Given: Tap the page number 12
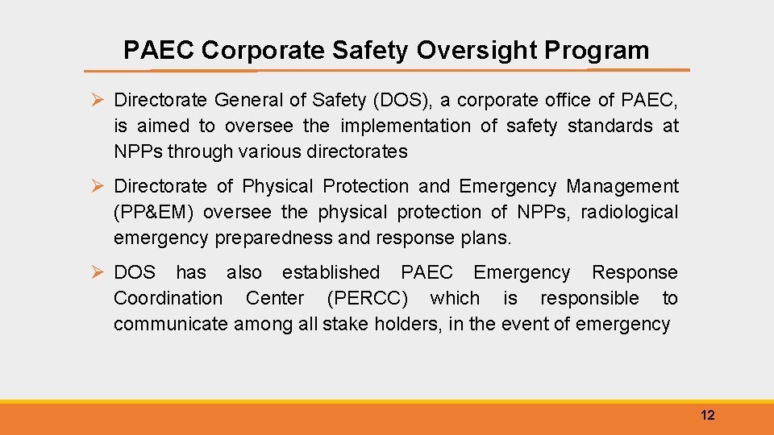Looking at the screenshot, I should click(x=708, y=416).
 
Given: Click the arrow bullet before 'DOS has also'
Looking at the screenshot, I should click(x=97, y=273).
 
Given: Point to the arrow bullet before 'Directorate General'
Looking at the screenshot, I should click(x=97, y=100).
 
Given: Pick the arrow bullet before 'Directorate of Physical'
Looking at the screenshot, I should click(x=97, y=187).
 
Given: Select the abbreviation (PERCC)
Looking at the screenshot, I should click(x=367, y=298).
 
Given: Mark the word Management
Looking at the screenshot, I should click(x=622, y=186).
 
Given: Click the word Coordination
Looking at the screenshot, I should click(x=168, y=298).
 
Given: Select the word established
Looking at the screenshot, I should click(x=331, y=272).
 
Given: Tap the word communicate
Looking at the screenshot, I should click(x=170, y=324).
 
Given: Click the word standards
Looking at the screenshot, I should click(x=610, y=126).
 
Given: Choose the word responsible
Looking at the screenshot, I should click(x=589, y=298).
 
